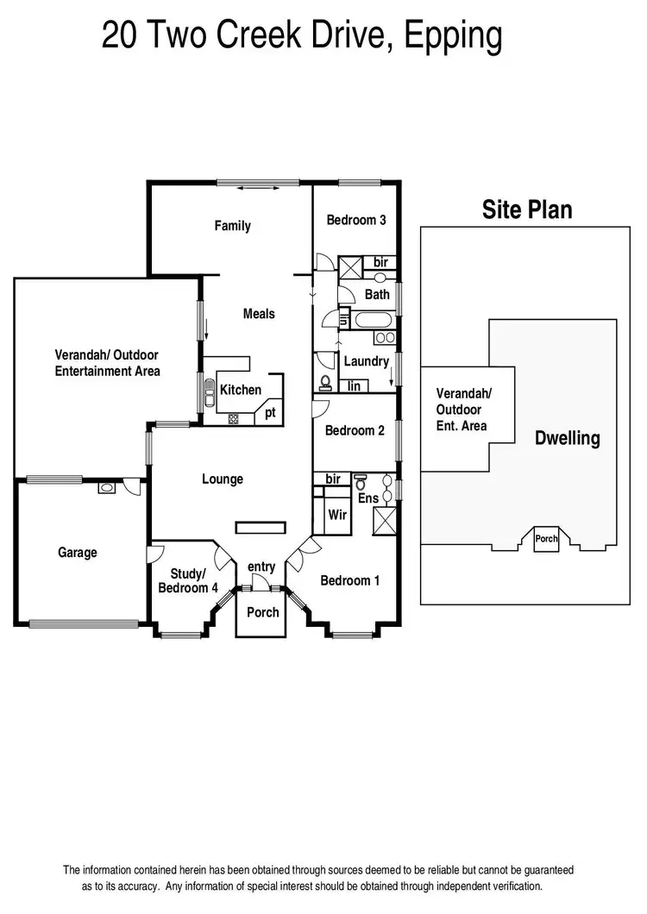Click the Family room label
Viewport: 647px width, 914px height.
coord(232,226)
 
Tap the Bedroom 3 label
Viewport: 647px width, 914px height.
coord(355,220)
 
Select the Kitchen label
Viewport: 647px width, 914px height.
coord(241,390)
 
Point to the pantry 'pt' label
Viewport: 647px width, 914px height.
coord(270,412)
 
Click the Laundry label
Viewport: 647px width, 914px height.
coord(366,361)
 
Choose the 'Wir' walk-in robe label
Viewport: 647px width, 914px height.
coord(337,515)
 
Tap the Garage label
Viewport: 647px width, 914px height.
coord(78,553)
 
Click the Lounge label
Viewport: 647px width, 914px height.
coord(223,479)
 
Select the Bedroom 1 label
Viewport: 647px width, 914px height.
coord(349,580)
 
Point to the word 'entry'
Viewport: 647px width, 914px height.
coord(261,567)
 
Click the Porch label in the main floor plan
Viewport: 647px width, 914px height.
coord(263,612)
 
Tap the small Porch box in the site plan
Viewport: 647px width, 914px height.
coord(547,539)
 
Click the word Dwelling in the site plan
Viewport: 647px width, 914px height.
coord(567,438)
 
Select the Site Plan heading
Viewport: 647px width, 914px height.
coord(527,210)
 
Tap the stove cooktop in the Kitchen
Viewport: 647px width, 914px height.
coord(233,418)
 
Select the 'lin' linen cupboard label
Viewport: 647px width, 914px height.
coord(355,387)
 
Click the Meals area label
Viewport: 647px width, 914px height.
coord(259,314)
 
